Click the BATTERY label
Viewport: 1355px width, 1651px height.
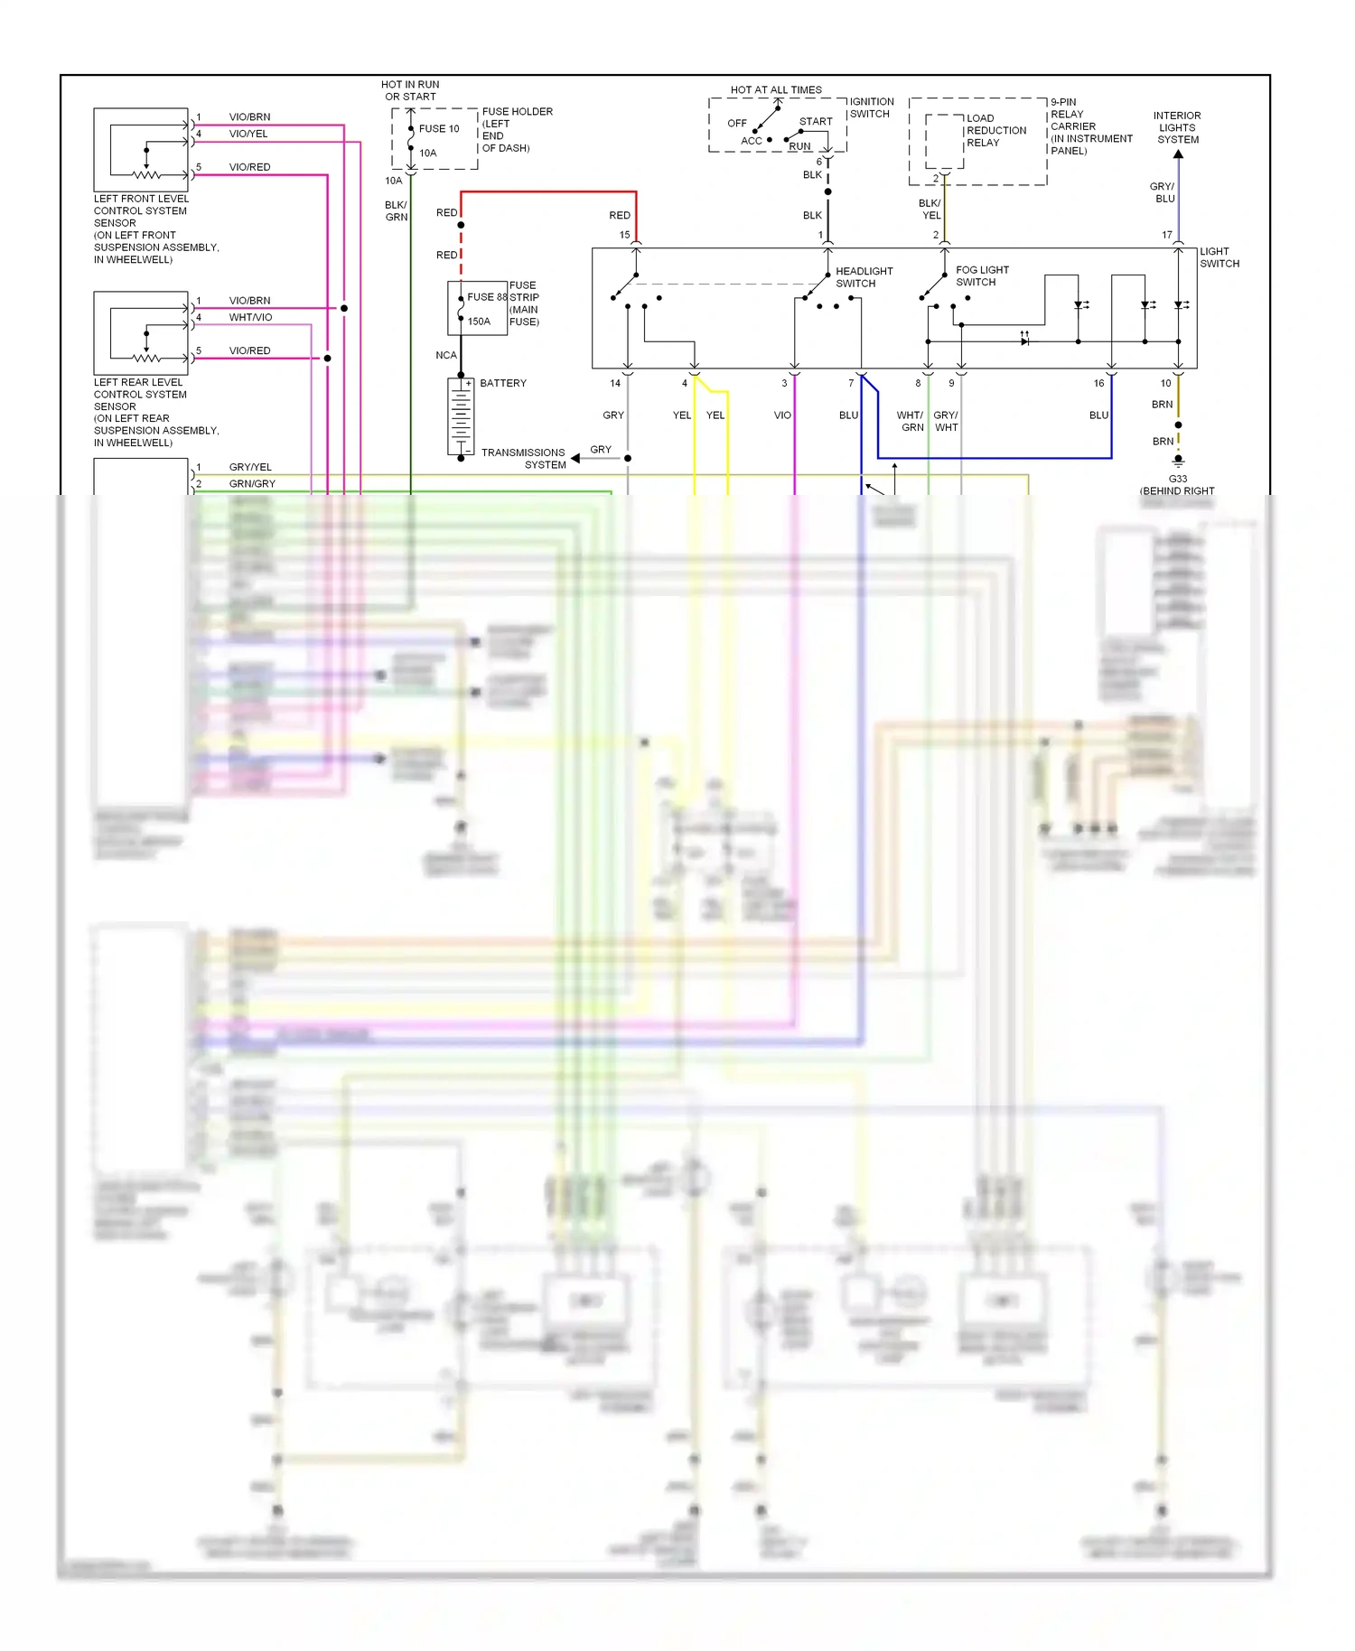coord(502,383)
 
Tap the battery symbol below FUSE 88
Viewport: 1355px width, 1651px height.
coord(461,416)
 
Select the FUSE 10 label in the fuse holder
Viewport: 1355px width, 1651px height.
coord(439,128)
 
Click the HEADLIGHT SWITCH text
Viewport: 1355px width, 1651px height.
coord(864,277)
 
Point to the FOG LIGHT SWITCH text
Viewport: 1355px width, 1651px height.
coord(982,275)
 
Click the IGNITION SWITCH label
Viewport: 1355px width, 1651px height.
coord(871,107)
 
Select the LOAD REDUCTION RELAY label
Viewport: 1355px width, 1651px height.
coord(995,130)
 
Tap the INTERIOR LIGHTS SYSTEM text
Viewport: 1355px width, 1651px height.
coord(1177,127)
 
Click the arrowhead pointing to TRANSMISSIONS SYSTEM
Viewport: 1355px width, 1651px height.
coord(575,458)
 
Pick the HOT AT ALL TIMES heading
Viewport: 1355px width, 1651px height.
coord(776,89)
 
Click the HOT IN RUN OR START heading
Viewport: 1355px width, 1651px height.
coord(410,90)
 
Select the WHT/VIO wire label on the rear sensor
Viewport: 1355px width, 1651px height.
coord(250,317)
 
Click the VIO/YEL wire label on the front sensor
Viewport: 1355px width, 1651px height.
coord(248,134)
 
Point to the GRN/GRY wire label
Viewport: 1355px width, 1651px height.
coord(252,484)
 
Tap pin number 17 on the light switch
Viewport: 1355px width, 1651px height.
coord(1166,235)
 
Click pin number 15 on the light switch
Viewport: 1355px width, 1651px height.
coord(624,235)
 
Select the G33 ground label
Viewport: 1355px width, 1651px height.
coord(1177,479)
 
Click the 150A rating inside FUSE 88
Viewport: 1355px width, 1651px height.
coord(479,322)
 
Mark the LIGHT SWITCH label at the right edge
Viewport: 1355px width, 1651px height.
coord(1219,257)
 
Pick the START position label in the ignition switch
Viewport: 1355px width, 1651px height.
coord(815,121)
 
